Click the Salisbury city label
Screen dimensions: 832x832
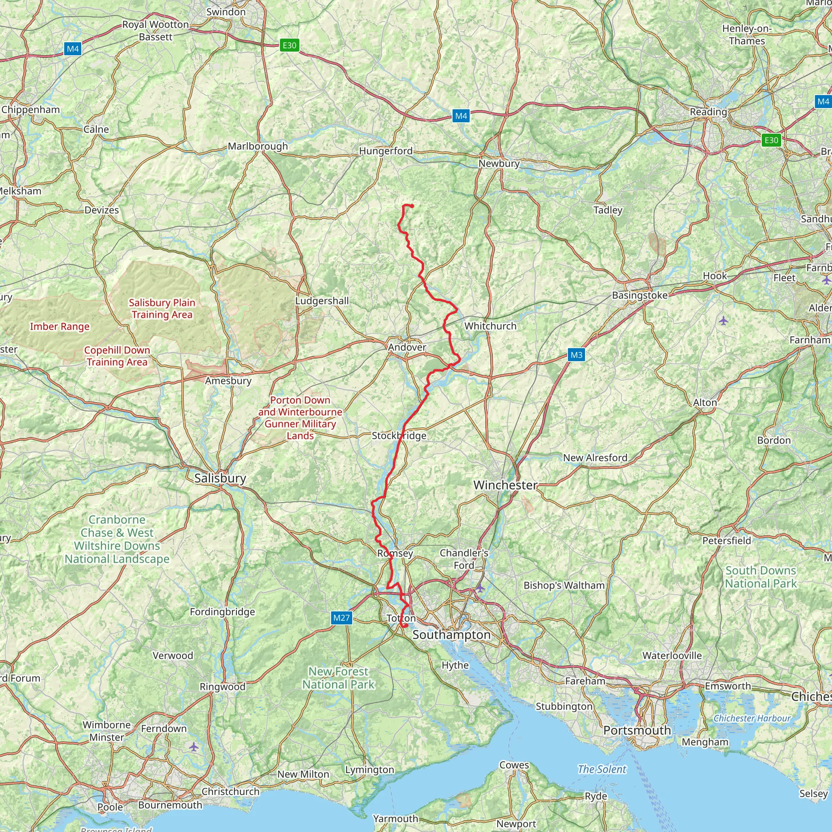(x=220, y=478)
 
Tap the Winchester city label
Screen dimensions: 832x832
(x=505, y=485)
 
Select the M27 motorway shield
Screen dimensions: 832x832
(x=342, y=618)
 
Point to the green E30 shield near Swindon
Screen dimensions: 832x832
(x=289, y=45)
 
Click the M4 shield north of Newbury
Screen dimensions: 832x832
(x=461, y=116)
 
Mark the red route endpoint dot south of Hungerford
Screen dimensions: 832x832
(x=412, y=206)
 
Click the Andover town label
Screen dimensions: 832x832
(x=407, y=347)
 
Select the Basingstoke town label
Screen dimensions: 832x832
(x=639, y=295)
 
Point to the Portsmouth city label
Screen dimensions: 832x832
(x=637, y=730)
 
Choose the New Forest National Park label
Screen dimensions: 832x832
(x=338, y=678)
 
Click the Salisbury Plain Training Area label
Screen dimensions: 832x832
(x=162, y=308)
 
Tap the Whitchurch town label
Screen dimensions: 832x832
(x=490, y=326)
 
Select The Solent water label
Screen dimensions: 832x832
(x=602, y=769)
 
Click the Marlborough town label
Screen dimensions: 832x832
(x=258, y=146)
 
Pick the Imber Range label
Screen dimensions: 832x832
(x=59, y=327)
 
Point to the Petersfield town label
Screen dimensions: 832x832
(x=726, y=540)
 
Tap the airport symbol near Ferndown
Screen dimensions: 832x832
(x=194, y=747)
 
